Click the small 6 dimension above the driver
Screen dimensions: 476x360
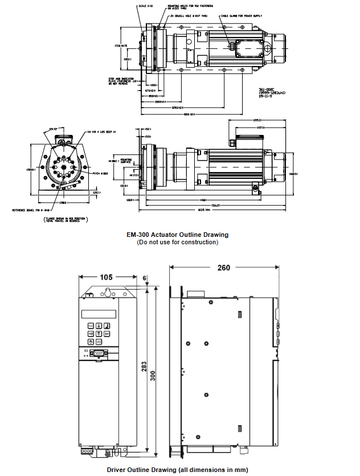tap(145, 278)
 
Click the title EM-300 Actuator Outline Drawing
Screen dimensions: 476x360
tap(178, 235)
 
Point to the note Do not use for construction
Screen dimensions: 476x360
tap(178, 242)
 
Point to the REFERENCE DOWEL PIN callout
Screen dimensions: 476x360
tap(34, 210)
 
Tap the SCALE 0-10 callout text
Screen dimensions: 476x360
tap(130, 6)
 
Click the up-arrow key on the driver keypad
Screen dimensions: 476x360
tap(99, 326)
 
